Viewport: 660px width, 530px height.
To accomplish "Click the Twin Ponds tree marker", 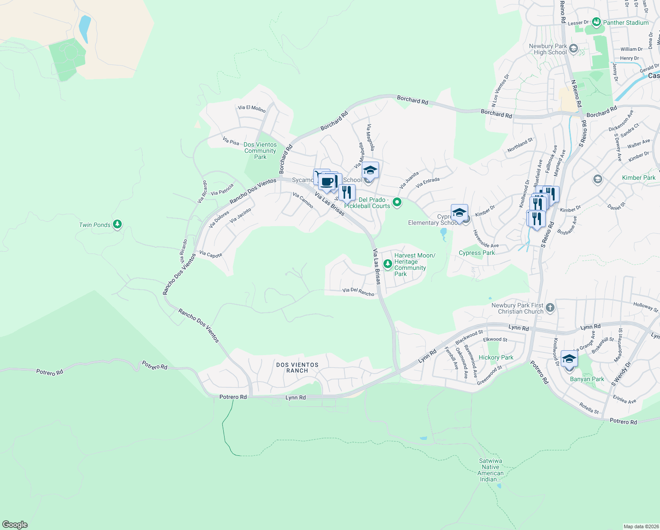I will (117, 224).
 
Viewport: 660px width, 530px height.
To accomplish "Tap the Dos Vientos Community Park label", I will (260, 151).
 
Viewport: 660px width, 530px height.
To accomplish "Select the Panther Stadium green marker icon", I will (596, 22).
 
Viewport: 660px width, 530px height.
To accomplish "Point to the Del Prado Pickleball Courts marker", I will (397, 202).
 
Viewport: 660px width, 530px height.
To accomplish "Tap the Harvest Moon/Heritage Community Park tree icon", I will (387, 264).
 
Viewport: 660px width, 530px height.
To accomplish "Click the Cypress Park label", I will (476, 253).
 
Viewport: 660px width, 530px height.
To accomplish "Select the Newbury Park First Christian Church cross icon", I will (550, 307).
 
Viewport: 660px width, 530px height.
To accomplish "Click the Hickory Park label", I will (496, 357).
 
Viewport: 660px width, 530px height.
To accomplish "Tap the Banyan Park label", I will (587, 379).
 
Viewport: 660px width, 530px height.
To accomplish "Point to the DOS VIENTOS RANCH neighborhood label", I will (297, 367).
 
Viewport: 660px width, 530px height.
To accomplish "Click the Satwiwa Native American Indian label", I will (490, 470).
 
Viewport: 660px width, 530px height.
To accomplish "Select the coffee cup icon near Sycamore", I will (327, 182).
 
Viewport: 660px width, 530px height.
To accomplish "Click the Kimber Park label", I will (638, 178).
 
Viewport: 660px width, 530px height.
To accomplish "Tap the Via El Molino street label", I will (251, 108).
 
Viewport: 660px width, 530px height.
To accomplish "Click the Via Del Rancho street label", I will (358, 291).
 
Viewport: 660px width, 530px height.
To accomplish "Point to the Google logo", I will (15, 525).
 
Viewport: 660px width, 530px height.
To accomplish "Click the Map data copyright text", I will (640, 526).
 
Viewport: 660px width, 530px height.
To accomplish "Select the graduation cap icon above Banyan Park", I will (569, 359).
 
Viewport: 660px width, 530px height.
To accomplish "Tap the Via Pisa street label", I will (231, 141).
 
